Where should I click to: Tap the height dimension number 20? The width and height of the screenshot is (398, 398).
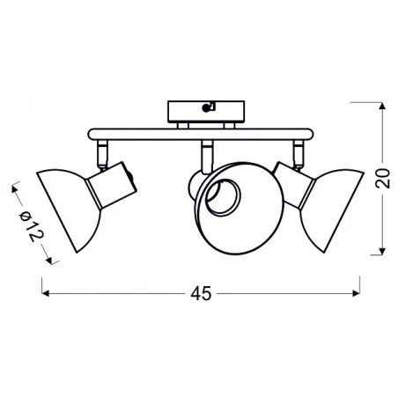(x=380, y=180)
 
